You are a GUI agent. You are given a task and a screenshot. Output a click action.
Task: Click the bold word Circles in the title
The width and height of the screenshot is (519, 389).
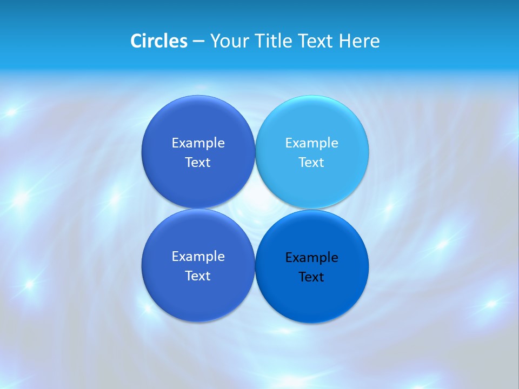pos(158,41)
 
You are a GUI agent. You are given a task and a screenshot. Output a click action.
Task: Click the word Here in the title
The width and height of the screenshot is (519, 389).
pos(359,41)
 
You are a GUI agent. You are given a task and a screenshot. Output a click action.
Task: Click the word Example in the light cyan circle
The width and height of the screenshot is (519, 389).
pos(311,143)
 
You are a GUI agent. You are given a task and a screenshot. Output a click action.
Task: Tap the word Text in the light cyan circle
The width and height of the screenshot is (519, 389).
pos(311,163)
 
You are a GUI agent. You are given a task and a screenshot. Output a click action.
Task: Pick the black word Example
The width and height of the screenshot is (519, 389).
pos(311,258)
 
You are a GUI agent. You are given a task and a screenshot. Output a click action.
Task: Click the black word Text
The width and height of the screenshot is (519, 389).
pos(311,277)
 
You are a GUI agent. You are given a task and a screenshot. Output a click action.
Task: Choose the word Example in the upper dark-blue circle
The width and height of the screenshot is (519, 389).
pos(198,143)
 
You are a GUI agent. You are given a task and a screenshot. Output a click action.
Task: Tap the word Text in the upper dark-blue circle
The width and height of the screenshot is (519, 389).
pos(198,163)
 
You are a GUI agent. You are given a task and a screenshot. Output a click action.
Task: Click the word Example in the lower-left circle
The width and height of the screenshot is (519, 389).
pos(198,257)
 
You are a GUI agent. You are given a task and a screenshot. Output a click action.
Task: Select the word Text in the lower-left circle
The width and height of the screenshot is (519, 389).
pos(198,276)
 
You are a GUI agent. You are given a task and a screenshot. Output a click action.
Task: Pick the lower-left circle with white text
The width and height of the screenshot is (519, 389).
pos(198,297)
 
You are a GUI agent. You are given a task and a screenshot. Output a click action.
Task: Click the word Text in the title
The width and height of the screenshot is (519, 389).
pos(316,41)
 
